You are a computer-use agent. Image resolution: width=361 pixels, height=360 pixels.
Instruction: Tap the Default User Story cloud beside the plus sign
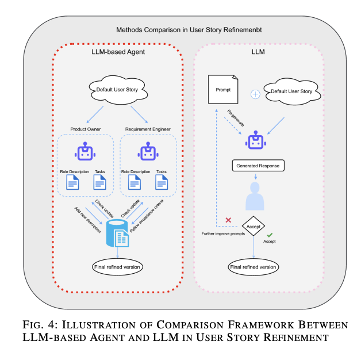[x=291, y=91]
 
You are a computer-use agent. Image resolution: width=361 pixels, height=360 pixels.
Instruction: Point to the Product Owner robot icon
[x=85, y=152]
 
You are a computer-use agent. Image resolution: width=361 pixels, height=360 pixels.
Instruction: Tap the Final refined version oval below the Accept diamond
[x=254, y=267]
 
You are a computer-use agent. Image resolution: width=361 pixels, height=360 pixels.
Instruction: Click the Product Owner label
[x=85, y=129]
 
